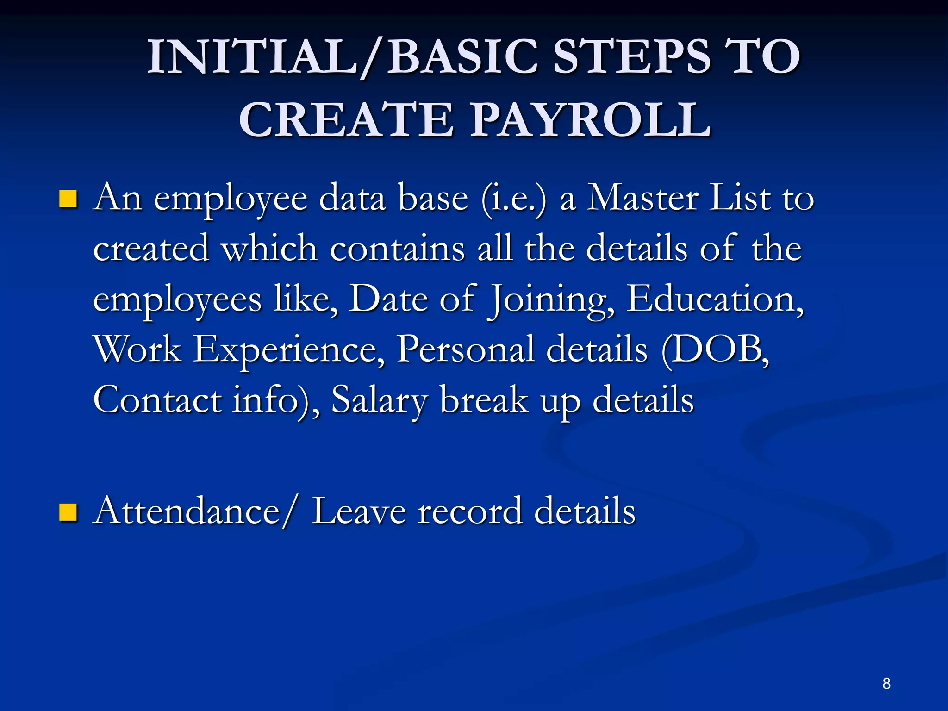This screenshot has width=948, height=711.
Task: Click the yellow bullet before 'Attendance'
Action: pyautogui.click(x=68, y=512)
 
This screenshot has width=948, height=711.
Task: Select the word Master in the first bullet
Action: pyautogui.click(x=642, y=198)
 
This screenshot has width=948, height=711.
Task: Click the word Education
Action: pyautogui.click(x=715, y=299)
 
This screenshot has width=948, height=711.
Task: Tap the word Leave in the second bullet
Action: pyautogui.click(x=359, y=511)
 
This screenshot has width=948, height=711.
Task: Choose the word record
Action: pyautogui.click(x=469, y=511)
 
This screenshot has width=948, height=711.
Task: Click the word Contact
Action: pyautogui.click(x=157, y=399)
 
